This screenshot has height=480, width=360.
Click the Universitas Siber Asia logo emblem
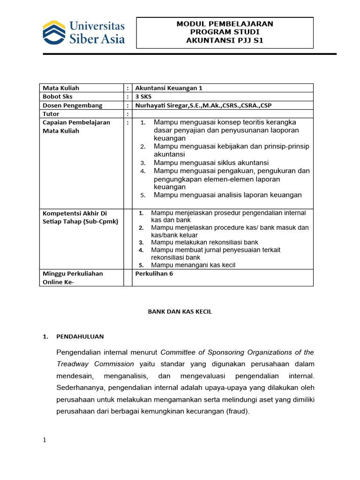(x=54, y=32)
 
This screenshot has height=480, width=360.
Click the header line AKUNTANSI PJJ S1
(x=225, y=40)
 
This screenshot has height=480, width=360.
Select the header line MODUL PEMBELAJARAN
(x=225, y=23)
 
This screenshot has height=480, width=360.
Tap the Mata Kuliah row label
(x=61, y=88)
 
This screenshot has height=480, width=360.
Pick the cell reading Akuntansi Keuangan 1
(x=162, y=88)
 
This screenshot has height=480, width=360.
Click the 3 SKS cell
(x=143, y=97)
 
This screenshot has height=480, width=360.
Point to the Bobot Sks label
(x=58, y=97)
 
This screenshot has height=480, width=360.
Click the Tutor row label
(x=51, y=114)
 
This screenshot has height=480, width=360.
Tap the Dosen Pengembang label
(x=72, y=105)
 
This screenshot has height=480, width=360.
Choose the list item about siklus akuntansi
(x=211, y=163)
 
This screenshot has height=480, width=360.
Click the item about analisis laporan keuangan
(x=228, y=195)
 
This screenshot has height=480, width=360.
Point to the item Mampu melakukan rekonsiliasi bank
(x=204, y=242)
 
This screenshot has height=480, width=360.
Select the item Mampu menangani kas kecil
(x=193, y=265)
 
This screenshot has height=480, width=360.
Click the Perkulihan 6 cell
(x=154, y=274)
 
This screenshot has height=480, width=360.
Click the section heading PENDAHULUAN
(x=80, y=337)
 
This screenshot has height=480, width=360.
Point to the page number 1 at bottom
(x=45, y=440)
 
